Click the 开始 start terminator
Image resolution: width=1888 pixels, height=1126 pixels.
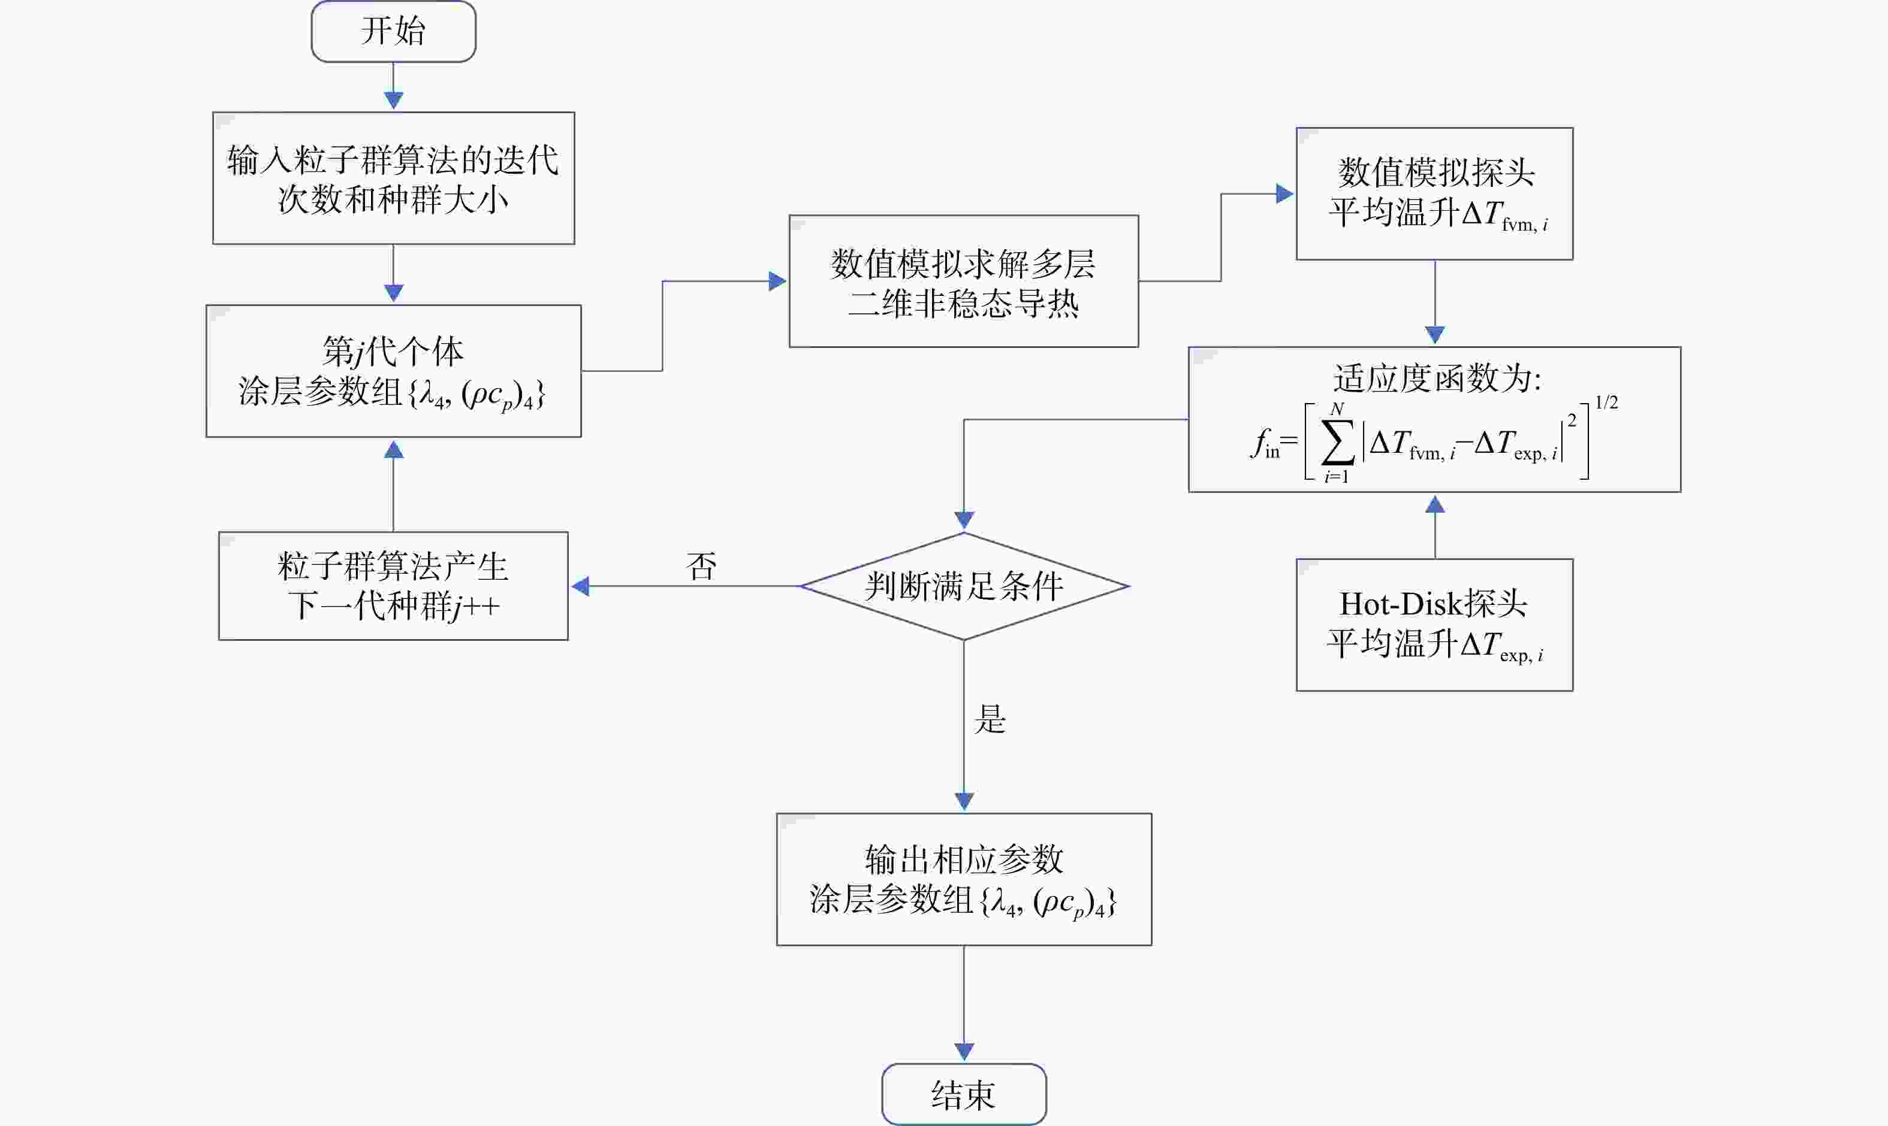click(x=393, y=31)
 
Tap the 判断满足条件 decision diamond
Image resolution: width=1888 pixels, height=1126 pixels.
click(x=964, y=586)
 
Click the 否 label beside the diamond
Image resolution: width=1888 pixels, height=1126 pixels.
click(x=701, y=566)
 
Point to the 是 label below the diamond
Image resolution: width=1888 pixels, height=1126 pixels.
click(x=990, y=719)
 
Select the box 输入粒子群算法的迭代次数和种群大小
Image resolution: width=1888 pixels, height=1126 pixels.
click(x=393, y=178)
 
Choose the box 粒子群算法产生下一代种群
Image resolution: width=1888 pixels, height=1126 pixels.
click(x=393, y=586)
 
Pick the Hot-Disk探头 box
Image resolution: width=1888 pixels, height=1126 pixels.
click(x=1434, y=625)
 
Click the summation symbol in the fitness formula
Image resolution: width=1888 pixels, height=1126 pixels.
click(x=1338, y=443)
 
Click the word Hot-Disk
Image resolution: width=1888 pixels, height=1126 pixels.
click(x=1401, y=604)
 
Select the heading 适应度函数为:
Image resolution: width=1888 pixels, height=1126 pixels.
click(x=1437, y=378)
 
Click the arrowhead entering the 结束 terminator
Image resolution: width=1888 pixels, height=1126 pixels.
click(x=964, y=1052)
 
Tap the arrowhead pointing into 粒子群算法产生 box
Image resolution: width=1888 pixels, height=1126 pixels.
click(x=580, y=586)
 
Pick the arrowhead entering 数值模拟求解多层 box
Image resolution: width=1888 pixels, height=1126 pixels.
click(x=777, y=281)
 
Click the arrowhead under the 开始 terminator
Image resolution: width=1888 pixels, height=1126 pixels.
click(x=393, y=101)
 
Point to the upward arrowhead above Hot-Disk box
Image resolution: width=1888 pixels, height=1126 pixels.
click(x=1435, y=504)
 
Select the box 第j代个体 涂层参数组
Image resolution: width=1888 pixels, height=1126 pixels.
click(x=393, y=371)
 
